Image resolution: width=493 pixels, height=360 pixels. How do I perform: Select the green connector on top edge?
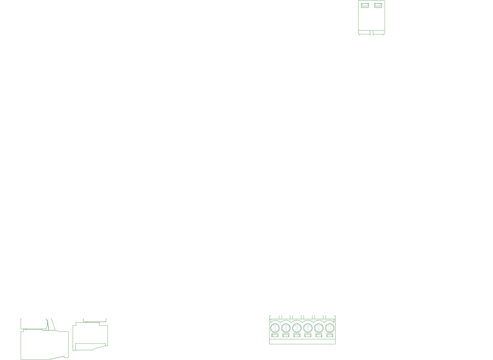pyautogui.click(x=372, y=17)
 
